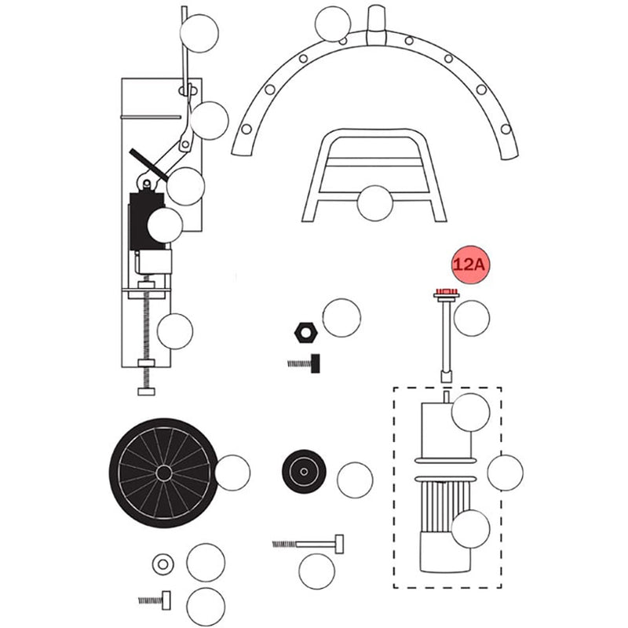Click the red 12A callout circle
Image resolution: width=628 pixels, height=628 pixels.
click(471, 265)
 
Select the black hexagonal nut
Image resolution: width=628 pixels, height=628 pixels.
click(305, 332)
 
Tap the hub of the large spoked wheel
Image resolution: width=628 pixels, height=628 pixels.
click(164, 473)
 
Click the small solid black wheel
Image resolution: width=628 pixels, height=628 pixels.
click(304, 472)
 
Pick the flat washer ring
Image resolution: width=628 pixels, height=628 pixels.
click(162, 564)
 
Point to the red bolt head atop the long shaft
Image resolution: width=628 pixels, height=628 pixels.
click(447, 291)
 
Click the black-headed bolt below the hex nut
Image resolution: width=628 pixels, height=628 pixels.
click(304, 363)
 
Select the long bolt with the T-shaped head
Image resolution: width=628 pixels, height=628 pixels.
click(308, 544)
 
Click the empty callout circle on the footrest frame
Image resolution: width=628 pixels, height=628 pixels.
click(375, 203)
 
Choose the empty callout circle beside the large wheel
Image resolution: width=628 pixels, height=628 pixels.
click(232, 473)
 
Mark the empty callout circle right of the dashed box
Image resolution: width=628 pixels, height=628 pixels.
click(505, 473)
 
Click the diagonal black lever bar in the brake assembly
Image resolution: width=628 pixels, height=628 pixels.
click(148, 164)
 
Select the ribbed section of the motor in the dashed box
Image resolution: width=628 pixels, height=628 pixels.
click(444, 506)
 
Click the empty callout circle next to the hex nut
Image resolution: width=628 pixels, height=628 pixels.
click(341, 318)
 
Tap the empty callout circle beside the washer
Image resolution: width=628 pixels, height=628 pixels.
click(206, 562)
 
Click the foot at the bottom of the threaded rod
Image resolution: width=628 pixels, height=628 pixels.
click(146, 391)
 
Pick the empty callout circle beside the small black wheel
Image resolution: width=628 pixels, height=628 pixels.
click(355, 480)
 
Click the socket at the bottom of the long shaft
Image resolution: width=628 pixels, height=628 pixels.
click(446, 377)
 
